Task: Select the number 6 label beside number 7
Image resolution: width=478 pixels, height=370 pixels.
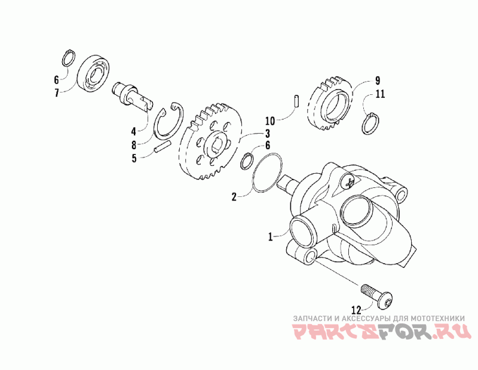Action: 57,79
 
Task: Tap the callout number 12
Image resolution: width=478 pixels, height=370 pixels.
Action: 357,310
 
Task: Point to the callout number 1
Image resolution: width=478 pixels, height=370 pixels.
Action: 271,237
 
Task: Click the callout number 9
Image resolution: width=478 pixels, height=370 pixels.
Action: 378,81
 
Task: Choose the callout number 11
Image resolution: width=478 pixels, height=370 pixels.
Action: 381,94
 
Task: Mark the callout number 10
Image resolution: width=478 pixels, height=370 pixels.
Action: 269,119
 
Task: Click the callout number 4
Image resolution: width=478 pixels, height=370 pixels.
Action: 134,129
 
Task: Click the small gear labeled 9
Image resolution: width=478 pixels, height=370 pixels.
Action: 330,101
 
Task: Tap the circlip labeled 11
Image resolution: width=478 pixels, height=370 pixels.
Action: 372,124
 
